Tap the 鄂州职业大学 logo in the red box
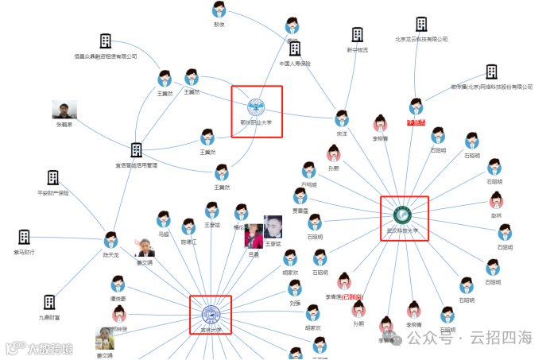pos(256,106)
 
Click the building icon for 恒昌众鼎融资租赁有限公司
pos(105,41)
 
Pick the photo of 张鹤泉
pos(64,110)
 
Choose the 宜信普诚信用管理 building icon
pos(136,150)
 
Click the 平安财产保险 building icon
pos(52,177)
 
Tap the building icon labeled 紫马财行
pos(24,237)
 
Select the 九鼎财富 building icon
pos(49,302)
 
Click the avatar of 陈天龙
pos(110,240)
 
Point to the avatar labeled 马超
pos(164,219)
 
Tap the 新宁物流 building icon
pos(357,35)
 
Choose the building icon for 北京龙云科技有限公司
pos(420,24)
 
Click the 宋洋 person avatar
pos(342,118)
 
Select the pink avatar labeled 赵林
pos(497,199)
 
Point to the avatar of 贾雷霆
pos(300,196)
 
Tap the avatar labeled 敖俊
pos(219,10)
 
